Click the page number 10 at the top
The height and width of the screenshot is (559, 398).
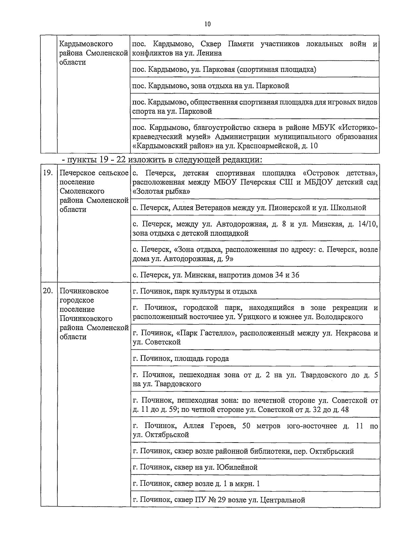(208, 24)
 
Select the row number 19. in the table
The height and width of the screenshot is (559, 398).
(48, 173)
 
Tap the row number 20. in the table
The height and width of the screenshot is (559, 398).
(48, 291)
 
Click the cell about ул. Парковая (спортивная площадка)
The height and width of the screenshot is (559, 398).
(224, 69)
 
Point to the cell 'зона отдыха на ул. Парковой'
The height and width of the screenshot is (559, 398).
(211, 86)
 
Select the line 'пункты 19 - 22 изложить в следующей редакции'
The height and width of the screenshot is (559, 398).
(162, 160)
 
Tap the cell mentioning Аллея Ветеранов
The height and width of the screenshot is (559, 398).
(249, 208)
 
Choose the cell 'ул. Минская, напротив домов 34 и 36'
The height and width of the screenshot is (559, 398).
(216, 275)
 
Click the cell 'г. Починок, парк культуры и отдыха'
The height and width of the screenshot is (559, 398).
(195, 291)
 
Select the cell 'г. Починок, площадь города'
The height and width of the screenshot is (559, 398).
(181, 358)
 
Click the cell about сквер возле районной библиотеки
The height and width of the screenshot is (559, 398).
(243, 451)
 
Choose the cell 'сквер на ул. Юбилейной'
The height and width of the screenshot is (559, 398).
(195, 467)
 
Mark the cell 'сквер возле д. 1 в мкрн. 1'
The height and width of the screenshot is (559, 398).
(196, 483)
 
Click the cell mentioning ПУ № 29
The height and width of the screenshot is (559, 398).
(219, 500)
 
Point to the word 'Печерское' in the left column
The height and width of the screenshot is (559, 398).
(77, 173)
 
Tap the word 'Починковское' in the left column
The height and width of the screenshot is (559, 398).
(84, 291)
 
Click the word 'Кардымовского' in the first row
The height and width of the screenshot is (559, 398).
(86, 44)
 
